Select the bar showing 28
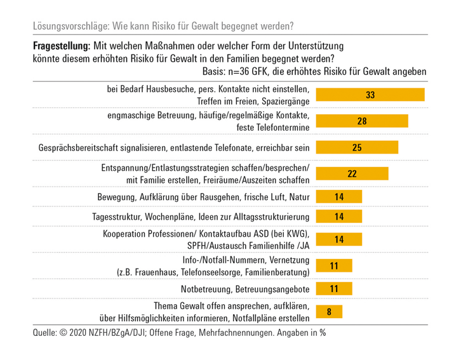tap(362, 121)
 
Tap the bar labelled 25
tap(357, 148)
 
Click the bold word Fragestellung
tap(61, 46)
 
